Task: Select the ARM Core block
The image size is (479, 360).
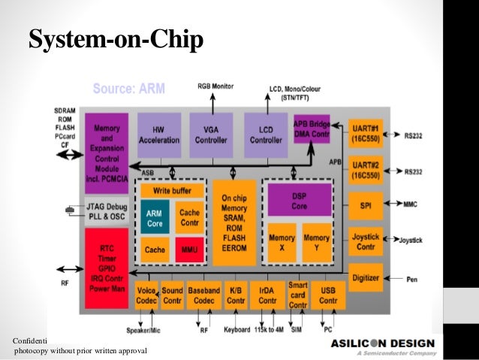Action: pyautogui.click(x=153, y=218)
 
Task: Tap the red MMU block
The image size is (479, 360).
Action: pyautogui.click(x=189, y=250)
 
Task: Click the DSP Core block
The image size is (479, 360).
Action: pyautogui.click(x=298, y=201)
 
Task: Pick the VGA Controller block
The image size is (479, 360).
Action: pyautogui.click(x=211, y=135)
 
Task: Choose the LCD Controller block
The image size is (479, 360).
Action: pyautogui.click(x=266, y=135)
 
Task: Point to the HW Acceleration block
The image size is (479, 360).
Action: pyautogui.click(x=158, y=135)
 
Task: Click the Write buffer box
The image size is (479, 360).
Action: pyautogui.click(x=171, y=190)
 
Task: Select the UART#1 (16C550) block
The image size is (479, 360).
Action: pyautogui.click(x=366, y=135)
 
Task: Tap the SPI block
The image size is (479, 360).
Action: pyautogui.click(x=366, y=203)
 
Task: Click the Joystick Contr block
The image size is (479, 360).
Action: pyautogui.click(x=366, y=241)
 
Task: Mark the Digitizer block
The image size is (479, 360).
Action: pyautogui.click(x=366, y=277)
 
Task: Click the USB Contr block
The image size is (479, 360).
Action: pyautogui.click(x=327, y=296)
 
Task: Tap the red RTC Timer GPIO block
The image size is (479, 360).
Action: pyautogui.click(x=107, y=267)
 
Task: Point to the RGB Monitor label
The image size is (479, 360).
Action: pyautogui.click(x=215, y=86)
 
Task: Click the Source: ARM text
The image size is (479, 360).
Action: pyautogui.click(x=128, y=89)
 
